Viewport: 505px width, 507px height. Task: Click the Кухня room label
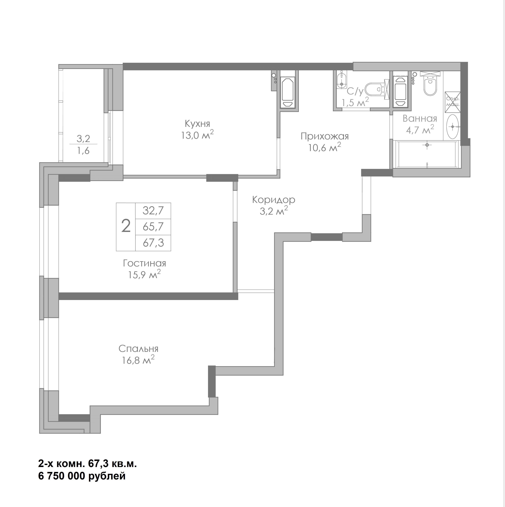[x=197, y=124]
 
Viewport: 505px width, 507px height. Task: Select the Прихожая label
[x=325, y=137]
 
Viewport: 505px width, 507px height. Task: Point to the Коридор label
[x=273, y=200]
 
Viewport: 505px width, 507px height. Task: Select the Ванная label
[x=420, y=119]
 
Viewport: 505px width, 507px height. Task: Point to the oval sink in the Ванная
[x=452, y=127]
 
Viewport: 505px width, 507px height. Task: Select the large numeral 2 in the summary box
[x=126, y=226]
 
